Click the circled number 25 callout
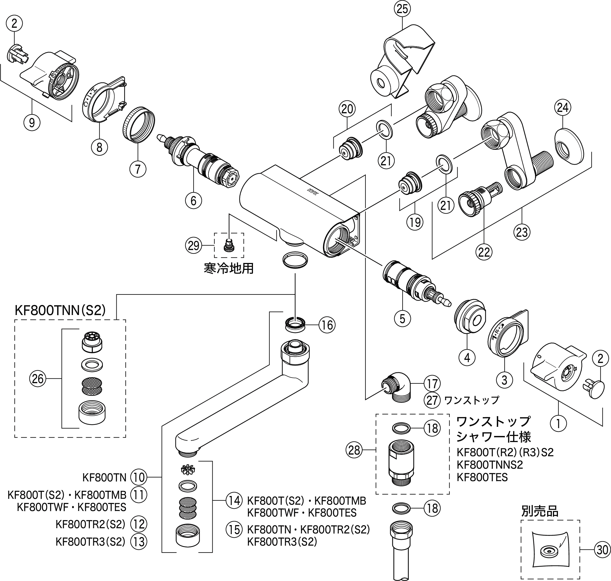(402, 9)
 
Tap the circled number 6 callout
(193, 200)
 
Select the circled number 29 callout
(193, 246)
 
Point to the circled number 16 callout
(327, 325)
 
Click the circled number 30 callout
(602, 550)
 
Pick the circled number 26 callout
(38, 378)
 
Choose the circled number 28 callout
(354, 450)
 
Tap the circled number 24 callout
(562, 107)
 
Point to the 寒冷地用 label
(229, 268)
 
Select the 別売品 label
(540, 512)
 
